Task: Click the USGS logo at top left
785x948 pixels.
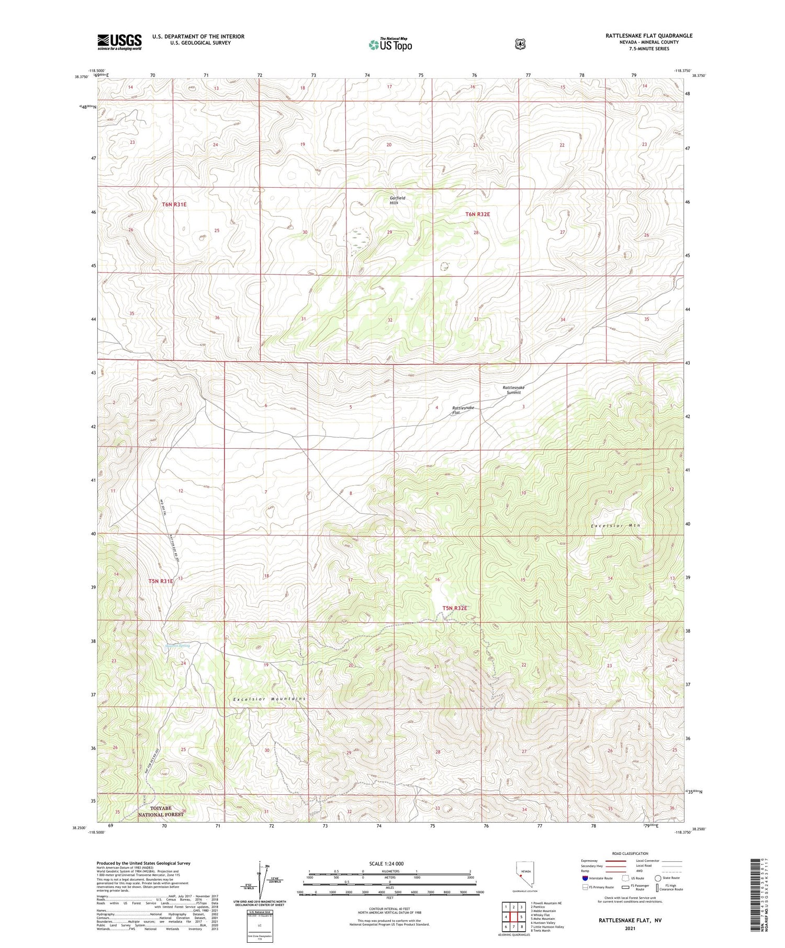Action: (x=119, y=42)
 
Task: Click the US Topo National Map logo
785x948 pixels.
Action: (x=390, y=44)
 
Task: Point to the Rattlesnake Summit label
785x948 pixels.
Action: (x=513, y=390)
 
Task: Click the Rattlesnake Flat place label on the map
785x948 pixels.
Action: (x=463, y=409)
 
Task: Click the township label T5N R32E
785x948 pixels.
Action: (x=454, y=608)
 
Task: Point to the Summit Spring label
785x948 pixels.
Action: (x=177, y=646)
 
